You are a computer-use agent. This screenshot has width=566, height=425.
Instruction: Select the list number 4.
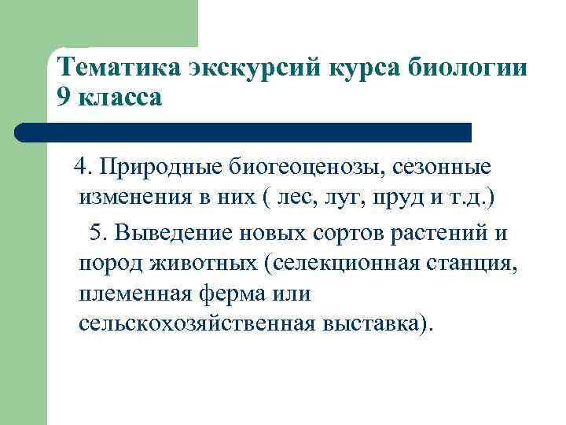coord(81,167)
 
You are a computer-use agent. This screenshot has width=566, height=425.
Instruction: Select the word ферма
coord(229,294)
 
